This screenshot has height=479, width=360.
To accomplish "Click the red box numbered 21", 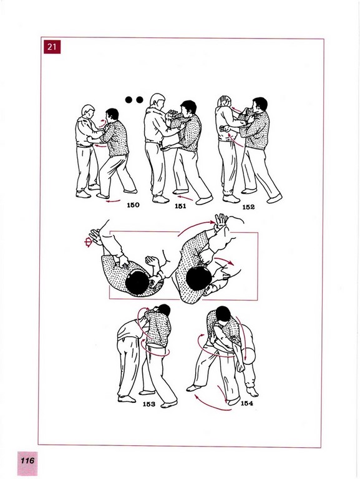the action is coord(52,47).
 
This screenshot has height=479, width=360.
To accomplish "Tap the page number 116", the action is coord(27,460).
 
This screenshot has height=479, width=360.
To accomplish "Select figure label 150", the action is coord(133,205).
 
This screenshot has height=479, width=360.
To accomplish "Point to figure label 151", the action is coord(180,206).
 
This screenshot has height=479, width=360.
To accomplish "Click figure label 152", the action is coord(248,207).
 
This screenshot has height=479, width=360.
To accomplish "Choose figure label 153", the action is coord(149,404).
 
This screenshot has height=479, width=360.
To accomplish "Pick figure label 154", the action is coord(247,404).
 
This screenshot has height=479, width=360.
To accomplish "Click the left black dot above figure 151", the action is coord(129,100).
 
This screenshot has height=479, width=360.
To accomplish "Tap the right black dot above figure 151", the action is coord(139,100).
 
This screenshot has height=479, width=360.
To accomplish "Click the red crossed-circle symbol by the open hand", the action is coord(89,243).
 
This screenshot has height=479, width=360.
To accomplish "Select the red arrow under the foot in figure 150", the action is coord(113,201).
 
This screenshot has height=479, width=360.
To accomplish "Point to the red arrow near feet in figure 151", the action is coord(186,198).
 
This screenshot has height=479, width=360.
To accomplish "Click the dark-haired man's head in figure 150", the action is coord(112,114).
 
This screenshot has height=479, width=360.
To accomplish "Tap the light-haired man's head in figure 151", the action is coord(158,100).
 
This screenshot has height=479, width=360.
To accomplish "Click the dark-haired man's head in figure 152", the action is coord(260,105).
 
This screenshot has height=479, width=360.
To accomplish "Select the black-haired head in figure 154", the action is coord(223,314).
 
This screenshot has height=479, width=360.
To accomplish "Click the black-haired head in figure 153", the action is coord(165,310).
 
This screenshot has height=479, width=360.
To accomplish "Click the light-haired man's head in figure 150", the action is coord(88,111).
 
